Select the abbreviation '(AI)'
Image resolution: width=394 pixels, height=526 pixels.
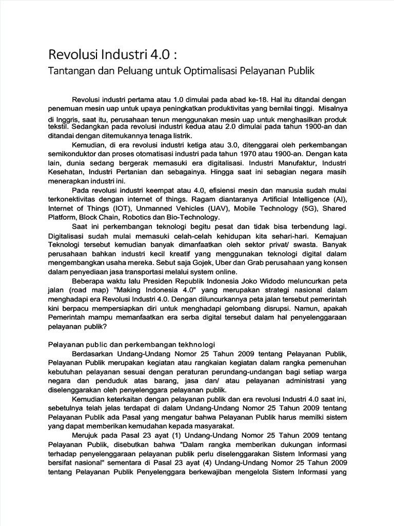coord(339,199)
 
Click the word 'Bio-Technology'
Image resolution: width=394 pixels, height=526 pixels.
coord(195,218)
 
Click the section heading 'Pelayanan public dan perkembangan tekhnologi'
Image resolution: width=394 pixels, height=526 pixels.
coord(132,344)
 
